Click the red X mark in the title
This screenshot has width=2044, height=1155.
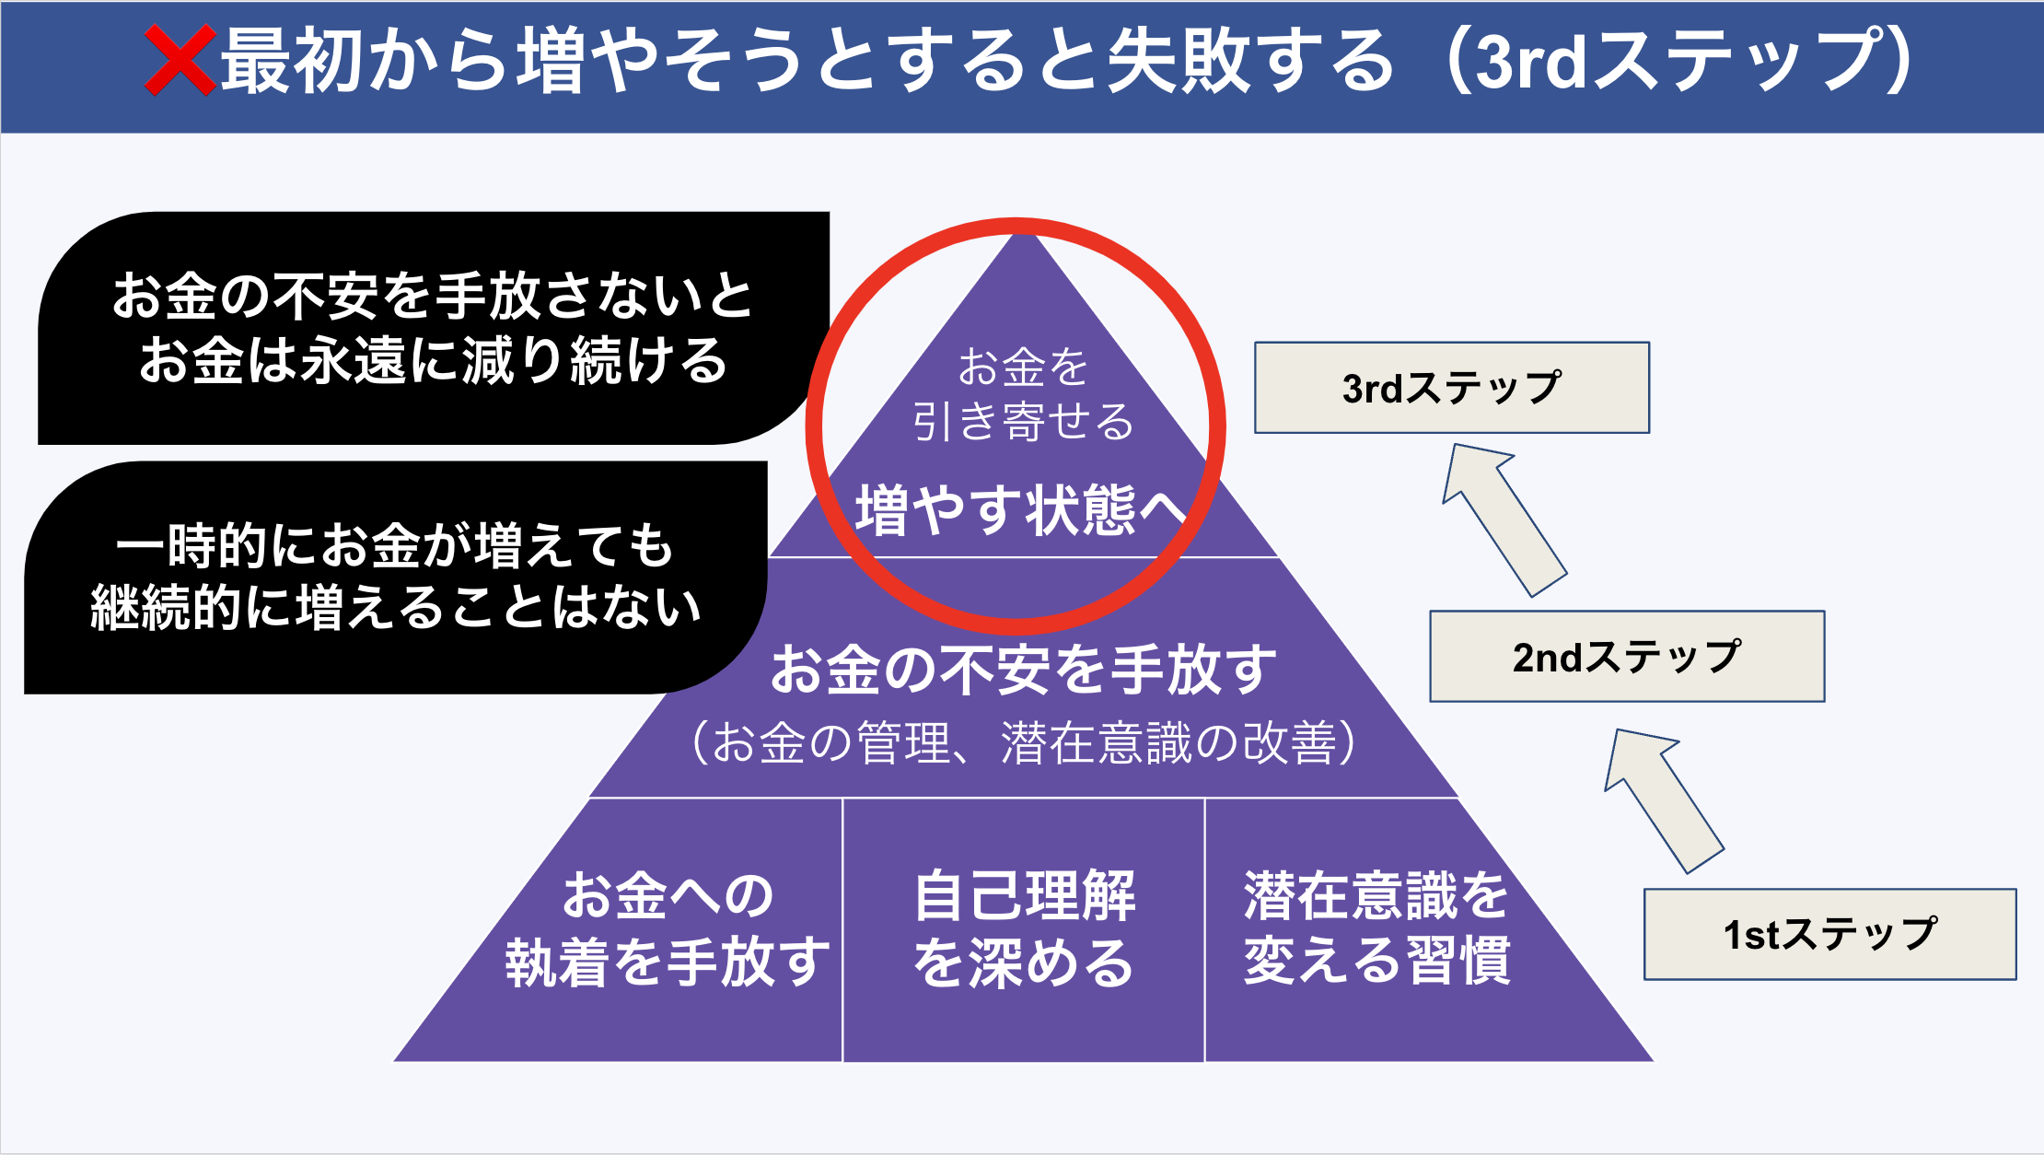pyautogui.click(x=180, y=61)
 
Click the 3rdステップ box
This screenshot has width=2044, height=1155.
pyautogui.click(x=1452, y=388)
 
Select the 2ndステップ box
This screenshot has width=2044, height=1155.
pyautogui.click(x=1627, y=657)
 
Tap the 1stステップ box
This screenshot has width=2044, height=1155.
pyautogui.click(x=1830, y=934)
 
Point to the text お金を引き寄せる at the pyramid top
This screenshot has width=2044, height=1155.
pyautogui.click(x=1023, y=394)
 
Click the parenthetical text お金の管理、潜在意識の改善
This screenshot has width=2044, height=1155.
pyautogui.click(x=1023, y=743)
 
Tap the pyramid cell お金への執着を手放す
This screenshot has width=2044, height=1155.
pyautogui.click(x=668, y=928)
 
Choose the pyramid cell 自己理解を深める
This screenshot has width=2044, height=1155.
pyautogui.click(x=1024, y=928)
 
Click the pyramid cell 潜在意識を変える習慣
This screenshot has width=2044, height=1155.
pyautogui.click(x=1376, y=928)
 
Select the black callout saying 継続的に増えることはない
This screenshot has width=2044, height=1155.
pyautogui.click(x=396, y=577)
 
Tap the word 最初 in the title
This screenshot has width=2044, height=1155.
pyautogui.click(x=295, y=61)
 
